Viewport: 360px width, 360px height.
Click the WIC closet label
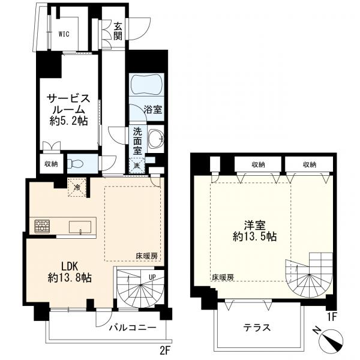(x=64, y=34)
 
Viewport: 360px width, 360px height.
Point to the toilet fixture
(x=74, y=163)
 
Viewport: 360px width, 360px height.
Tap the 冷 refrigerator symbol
(x=77, y=186)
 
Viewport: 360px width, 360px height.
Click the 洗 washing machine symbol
(x=137, y=164)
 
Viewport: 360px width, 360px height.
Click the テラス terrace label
(x=257, y=328)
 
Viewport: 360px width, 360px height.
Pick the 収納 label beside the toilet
(x=50, y=163)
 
